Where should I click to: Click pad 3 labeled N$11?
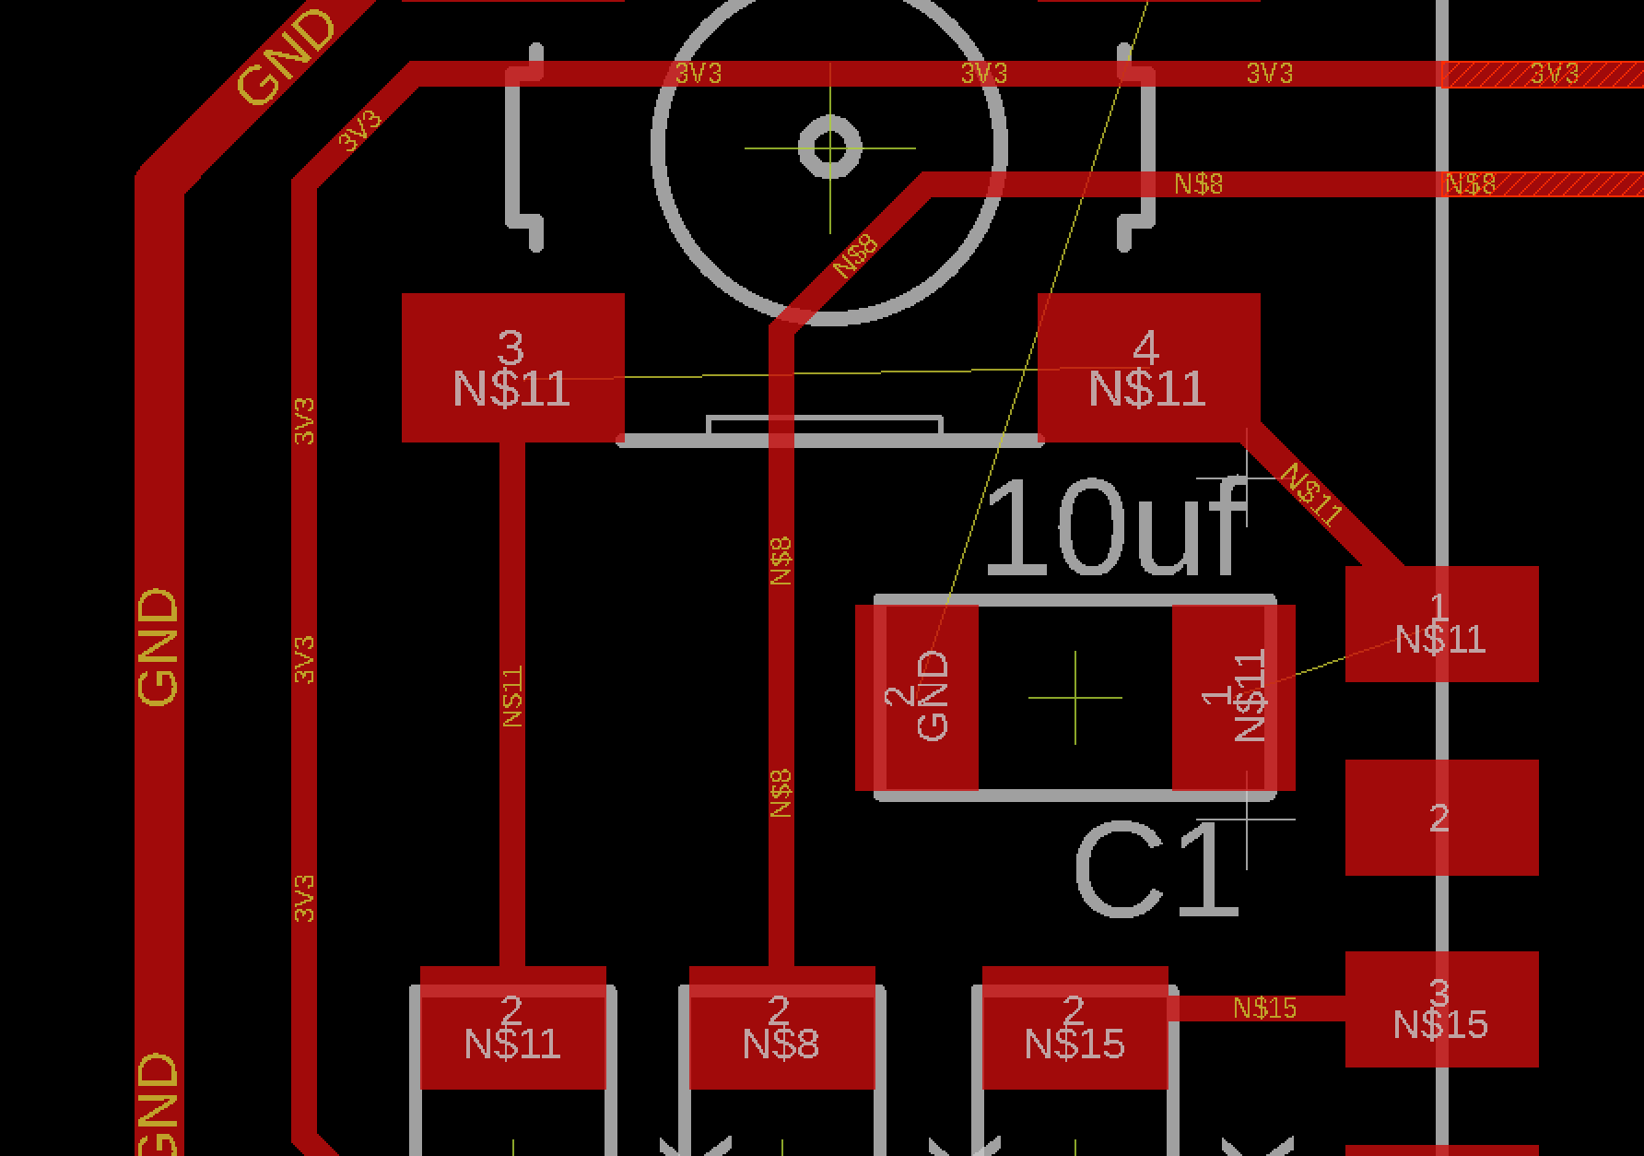[x=512, y=368]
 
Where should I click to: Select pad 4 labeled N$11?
[x=1148, y=368]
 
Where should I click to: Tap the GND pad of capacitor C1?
[x=917, y=698]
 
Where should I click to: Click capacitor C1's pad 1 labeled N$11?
[x=1233, y=698]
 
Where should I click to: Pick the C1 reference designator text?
[x=1156, y=872]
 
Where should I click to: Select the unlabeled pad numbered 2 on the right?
[x=1441, y=818]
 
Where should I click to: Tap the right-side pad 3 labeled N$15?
[x=1441, y=1009]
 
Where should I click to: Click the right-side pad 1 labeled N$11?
[x=1441, y=624]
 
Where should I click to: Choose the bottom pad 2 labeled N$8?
[x=781, y=1028]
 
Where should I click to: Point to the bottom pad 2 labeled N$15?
[x=1074, y=1028]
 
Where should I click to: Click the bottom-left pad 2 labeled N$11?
[x=512, y=1028]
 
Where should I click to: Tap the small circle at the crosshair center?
[x=830, y=147]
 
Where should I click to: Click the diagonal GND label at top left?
[x=287, y=57]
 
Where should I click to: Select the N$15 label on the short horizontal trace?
[x=1264, y=1009]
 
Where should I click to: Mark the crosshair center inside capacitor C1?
[x=1075, y=698]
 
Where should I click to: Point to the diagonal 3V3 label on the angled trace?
[x=358, y=131]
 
